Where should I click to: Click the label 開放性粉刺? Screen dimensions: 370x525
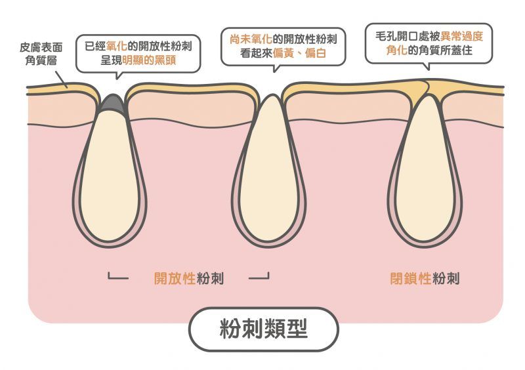tap(189, 278)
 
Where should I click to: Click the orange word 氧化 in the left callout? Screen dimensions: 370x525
tap(116, 47)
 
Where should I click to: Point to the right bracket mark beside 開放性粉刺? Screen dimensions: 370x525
tap(260, 277)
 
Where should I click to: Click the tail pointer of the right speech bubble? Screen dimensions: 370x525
tap(427, 66)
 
